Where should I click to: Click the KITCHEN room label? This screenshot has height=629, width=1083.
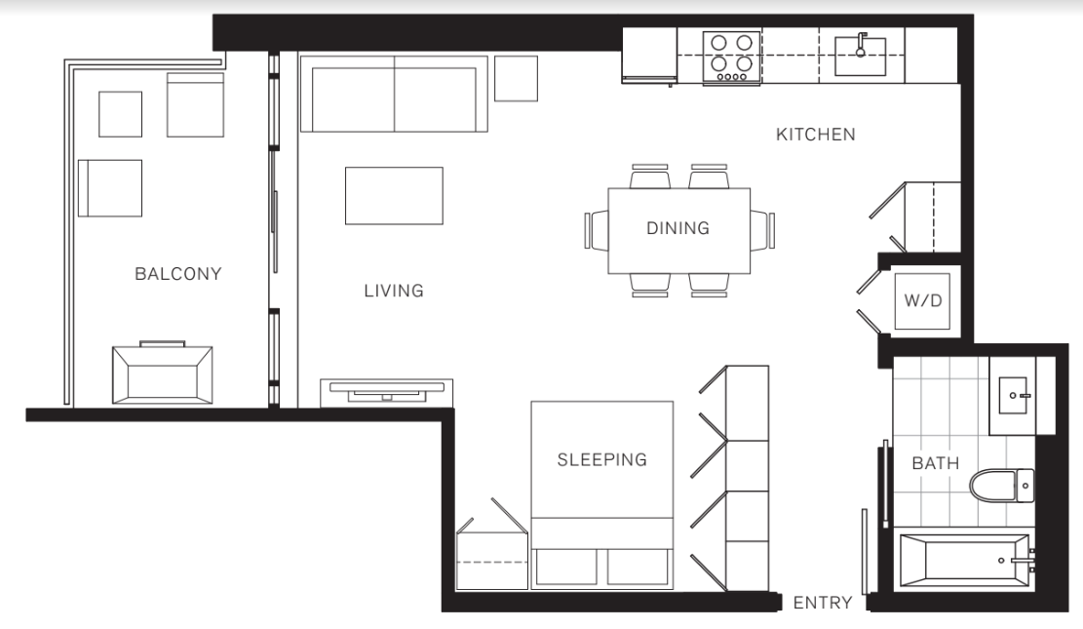[x=815, y=135]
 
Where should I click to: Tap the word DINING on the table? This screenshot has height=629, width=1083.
[x=677, y=228]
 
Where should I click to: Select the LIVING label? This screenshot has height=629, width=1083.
[x=394, y=291]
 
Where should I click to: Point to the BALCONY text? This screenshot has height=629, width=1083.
[x=178, y=273]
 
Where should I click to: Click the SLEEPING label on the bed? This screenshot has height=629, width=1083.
[x=601, y=459]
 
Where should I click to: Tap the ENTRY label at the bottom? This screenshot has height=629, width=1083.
[x=823, y=603]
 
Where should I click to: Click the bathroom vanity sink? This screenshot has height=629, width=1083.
[x=1020, y=395]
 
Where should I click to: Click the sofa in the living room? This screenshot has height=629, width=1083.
[x=393, y=94]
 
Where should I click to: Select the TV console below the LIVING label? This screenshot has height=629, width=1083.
[x=387, y=392]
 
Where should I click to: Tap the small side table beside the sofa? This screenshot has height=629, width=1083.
[x=516, y=78]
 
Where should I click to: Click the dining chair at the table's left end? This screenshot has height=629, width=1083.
[x=596, y=230]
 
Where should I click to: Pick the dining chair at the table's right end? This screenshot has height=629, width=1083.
[x=762, y=230]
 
